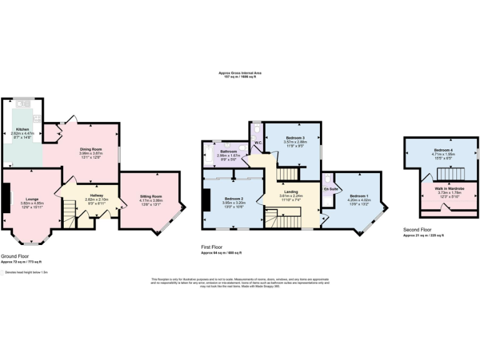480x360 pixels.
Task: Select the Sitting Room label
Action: coord(151,196)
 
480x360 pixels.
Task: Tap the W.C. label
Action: coord(257,142)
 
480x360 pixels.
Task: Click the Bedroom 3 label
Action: coord(295,137)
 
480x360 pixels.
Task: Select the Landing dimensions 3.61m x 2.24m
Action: coord(290,196)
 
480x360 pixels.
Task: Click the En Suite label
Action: coord(330,187)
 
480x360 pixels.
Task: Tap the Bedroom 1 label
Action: coord(359,195)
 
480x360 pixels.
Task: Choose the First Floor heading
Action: coord(214,247)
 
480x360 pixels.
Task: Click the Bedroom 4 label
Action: coord(444,151)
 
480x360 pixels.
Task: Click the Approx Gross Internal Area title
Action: coord(240,72)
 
